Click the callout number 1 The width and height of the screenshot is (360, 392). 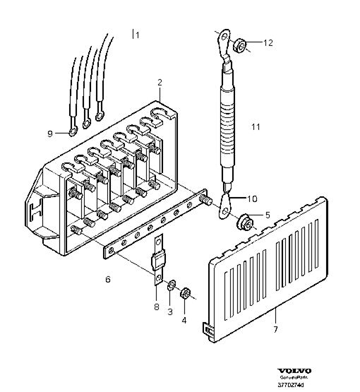coord(138,34)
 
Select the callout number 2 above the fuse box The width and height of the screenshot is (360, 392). coord(160,83)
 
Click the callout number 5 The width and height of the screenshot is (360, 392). coord(268,214)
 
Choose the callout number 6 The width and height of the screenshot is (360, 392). coord(108,280)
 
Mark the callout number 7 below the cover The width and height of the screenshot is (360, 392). coord(276,330)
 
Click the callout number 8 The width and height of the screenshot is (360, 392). coord(156,307)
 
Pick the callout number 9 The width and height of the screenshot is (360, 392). coord(50,133)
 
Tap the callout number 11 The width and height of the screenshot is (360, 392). coord(256,127)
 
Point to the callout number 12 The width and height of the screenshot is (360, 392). coord(268,43)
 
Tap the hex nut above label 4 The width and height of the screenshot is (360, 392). coord(186,292)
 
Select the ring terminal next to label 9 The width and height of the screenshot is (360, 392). coord(72,131)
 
